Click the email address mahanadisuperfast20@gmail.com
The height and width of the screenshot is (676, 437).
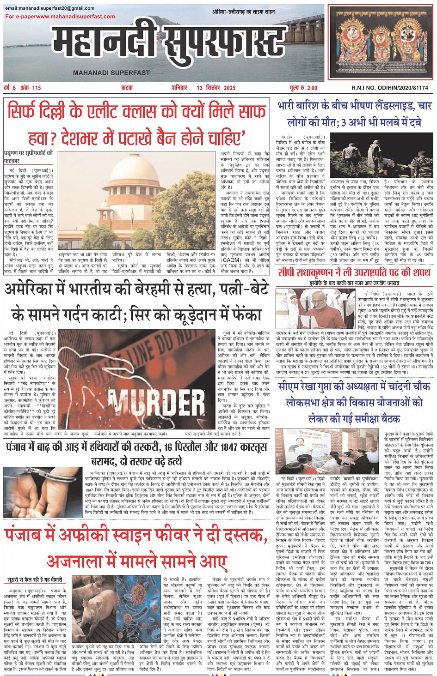pyautogui.click(x=50, y=8)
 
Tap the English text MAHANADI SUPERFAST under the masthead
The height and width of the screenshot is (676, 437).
pyautogui.click(x=111, y=72)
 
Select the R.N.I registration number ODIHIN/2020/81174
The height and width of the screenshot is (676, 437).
pyautogui.click(x=383, y=88)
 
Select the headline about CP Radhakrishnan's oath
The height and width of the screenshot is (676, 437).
pyautogui.click(x=354, y=272)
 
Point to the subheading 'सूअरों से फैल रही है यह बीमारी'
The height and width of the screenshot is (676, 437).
pyautogui.click(x=35, y=579)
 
